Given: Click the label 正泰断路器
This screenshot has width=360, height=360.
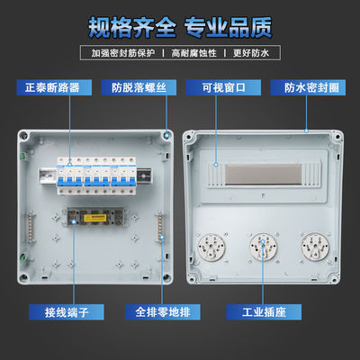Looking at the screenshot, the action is pos(54,87).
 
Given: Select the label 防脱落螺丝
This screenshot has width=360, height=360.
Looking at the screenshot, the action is pos(139,87).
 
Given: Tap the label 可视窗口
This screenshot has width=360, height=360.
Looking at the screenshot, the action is pos(223,87).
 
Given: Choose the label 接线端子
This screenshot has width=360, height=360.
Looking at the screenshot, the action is pos(67,312).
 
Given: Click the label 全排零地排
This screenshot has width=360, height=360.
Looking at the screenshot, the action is pos(163,312).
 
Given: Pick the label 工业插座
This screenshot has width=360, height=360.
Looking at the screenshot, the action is pos(264,312).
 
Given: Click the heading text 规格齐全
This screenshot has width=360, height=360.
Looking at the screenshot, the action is pos(132,28).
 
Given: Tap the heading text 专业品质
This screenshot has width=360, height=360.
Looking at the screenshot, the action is pos(228,28).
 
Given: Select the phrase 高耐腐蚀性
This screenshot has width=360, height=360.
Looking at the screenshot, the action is pos(193,53).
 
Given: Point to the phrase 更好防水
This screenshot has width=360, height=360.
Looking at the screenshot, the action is pos(251,53).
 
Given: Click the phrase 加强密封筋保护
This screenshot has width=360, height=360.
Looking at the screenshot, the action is pos(123,53).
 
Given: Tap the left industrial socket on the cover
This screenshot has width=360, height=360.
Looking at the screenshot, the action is pos(211,247).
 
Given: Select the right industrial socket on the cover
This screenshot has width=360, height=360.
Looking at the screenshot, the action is pos(315,247).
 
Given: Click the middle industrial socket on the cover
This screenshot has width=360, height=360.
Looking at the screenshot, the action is pos(263,247).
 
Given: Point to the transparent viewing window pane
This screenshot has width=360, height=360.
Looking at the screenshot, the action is pos(263,175).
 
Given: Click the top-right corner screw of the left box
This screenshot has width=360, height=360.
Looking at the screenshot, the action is pos(166,135).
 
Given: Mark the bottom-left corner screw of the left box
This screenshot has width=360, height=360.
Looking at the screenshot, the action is pos(23,276).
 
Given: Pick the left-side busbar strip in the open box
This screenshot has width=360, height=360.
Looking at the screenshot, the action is pos(31,226).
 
